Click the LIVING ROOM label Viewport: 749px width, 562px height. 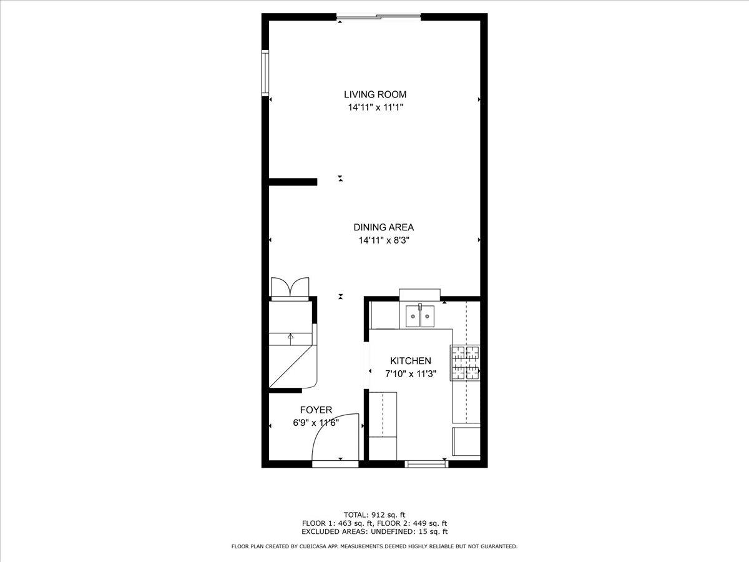point(375,94)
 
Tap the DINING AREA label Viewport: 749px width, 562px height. point(383,227)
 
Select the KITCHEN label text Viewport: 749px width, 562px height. point(410,361)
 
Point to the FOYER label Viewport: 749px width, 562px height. point(316,410)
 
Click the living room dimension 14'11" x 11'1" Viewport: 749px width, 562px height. point(375,107)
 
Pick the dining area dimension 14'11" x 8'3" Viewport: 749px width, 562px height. point(383,240)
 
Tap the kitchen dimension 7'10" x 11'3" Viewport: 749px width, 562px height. point(410,374)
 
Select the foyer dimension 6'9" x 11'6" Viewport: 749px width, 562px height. point(316,423)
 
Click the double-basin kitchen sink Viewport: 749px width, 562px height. point(419,317)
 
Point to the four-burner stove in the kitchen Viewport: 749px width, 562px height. point(466,363)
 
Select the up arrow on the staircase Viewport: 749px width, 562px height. point(290,337)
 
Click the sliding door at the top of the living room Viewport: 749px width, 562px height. point(379,17)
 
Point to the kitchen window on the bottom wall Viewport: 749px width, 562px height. point(427,464)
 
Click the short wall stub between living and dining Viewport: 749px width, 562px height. point(293,182)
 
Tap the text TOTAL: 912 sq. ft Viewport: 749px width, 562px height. point(374,515)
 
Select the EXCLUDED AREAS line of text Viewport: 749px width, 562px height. point(374,532)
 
